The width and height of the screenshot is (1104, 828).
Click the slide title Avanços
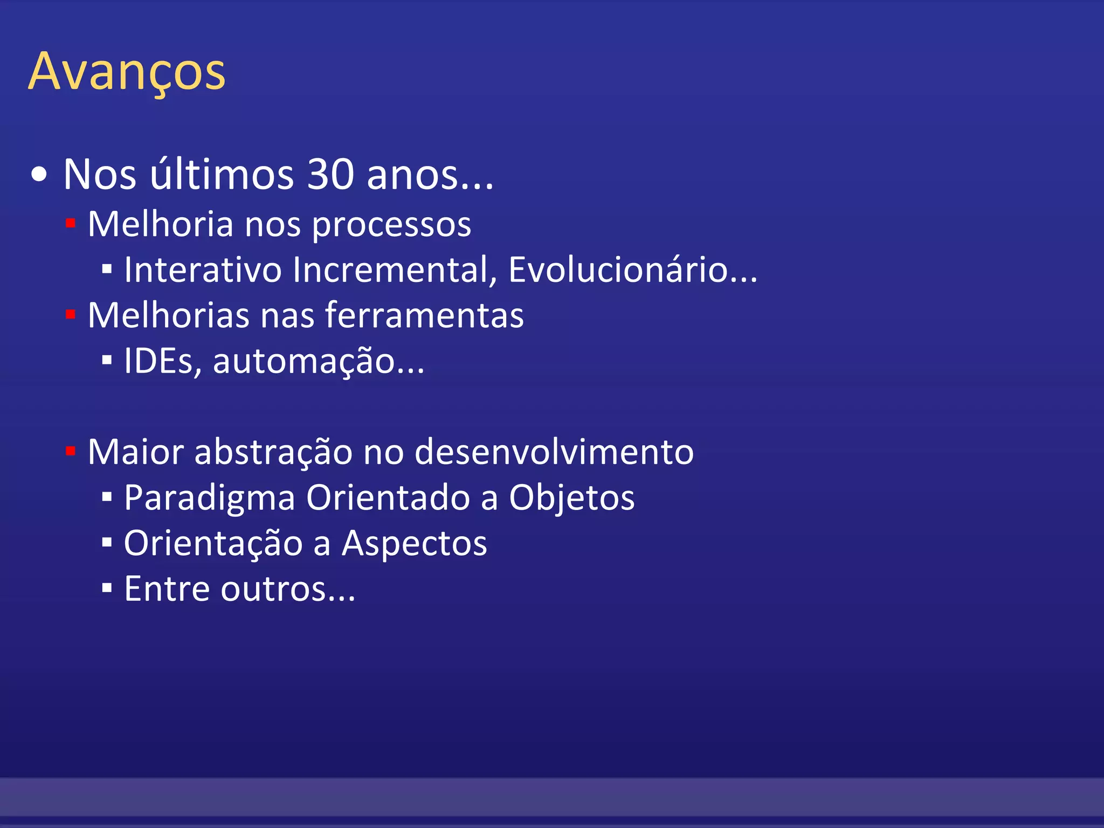[127, 72]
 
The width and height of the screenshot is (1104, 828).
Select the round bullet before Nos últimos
[39, 175]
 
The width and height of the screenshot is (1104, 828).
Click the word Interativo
[203, 269]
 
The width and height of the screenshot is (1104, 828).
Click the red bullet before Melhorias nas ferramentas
[70, 314]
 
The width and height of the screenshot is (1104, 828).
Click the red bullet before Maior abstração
[70, 451]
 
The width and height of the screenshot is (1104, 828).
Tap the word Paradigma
[209, 498]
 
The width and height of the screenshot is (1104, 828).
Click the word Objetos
[571, 498]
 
